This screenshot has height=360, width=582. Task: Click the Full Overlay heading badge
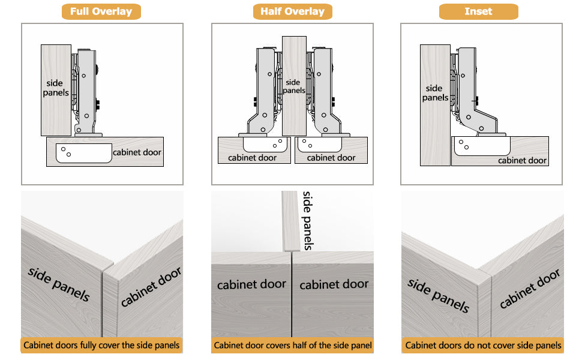coord(101,11)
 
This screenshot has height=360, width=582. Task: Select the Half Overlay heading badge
coord(292,11)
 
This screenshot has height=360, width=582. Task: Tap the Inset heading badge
coord(478,11)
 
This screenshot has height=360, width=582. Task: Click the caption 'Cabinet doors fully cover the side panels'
coord(101,345)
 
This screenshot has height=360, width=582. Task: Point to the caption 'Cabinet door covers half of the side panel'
coord(293,345)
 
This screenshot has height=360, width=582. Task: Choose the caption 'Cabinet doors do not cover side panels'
coord(483,345)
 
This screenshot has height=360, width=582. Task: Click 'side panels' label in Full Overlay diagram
coord(56,88)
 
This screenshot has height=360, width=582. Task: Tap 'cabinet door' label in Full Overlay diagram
coord(137,152)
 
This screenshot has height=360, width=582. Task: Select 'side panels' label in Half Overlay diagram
coord(293,86)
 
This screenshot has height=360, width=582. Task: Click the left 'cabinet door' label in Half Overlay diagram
coord(253,158)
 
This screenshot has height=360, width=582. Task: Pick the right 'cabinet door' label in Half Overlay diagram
coord(331,158)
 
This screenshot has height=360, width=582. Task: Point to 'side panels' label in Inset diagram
coord(434,92)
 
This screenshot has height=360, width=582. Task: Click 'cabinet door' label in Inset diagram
coord(522,160)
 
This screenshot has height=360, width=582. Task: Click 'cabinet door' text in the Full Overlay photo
coord(151,287)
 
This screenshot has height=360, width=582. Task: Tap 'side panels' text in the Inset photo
coord(438,295)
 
